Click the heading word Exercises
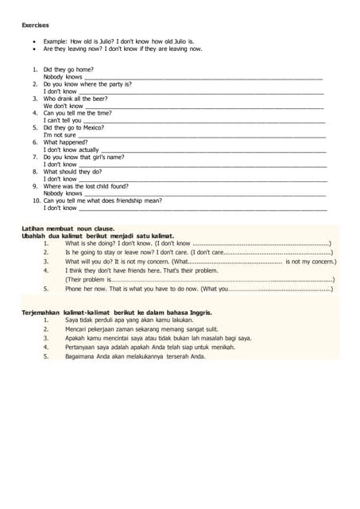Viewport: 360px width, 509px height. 35,25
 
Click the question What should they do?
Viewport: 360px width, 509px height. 72,171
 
